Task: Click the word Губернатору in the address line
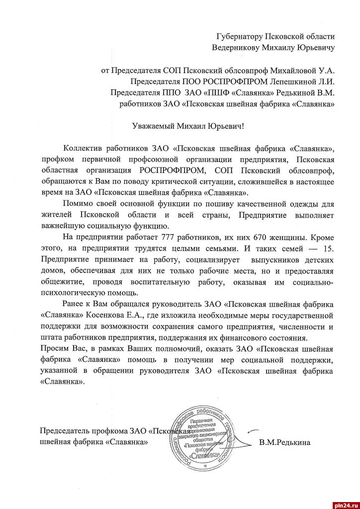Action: tap(238, 36)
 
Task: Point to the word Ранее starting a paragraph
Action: tap(74, 304)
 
